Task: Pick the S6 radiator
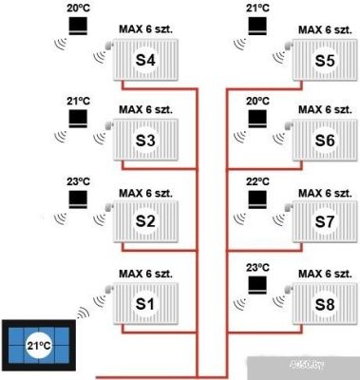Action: (x=325, y=142)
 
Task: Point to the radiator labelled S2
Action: (x=145, y=221)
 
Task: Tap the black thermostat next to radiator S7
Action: (x=256, y=200)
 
